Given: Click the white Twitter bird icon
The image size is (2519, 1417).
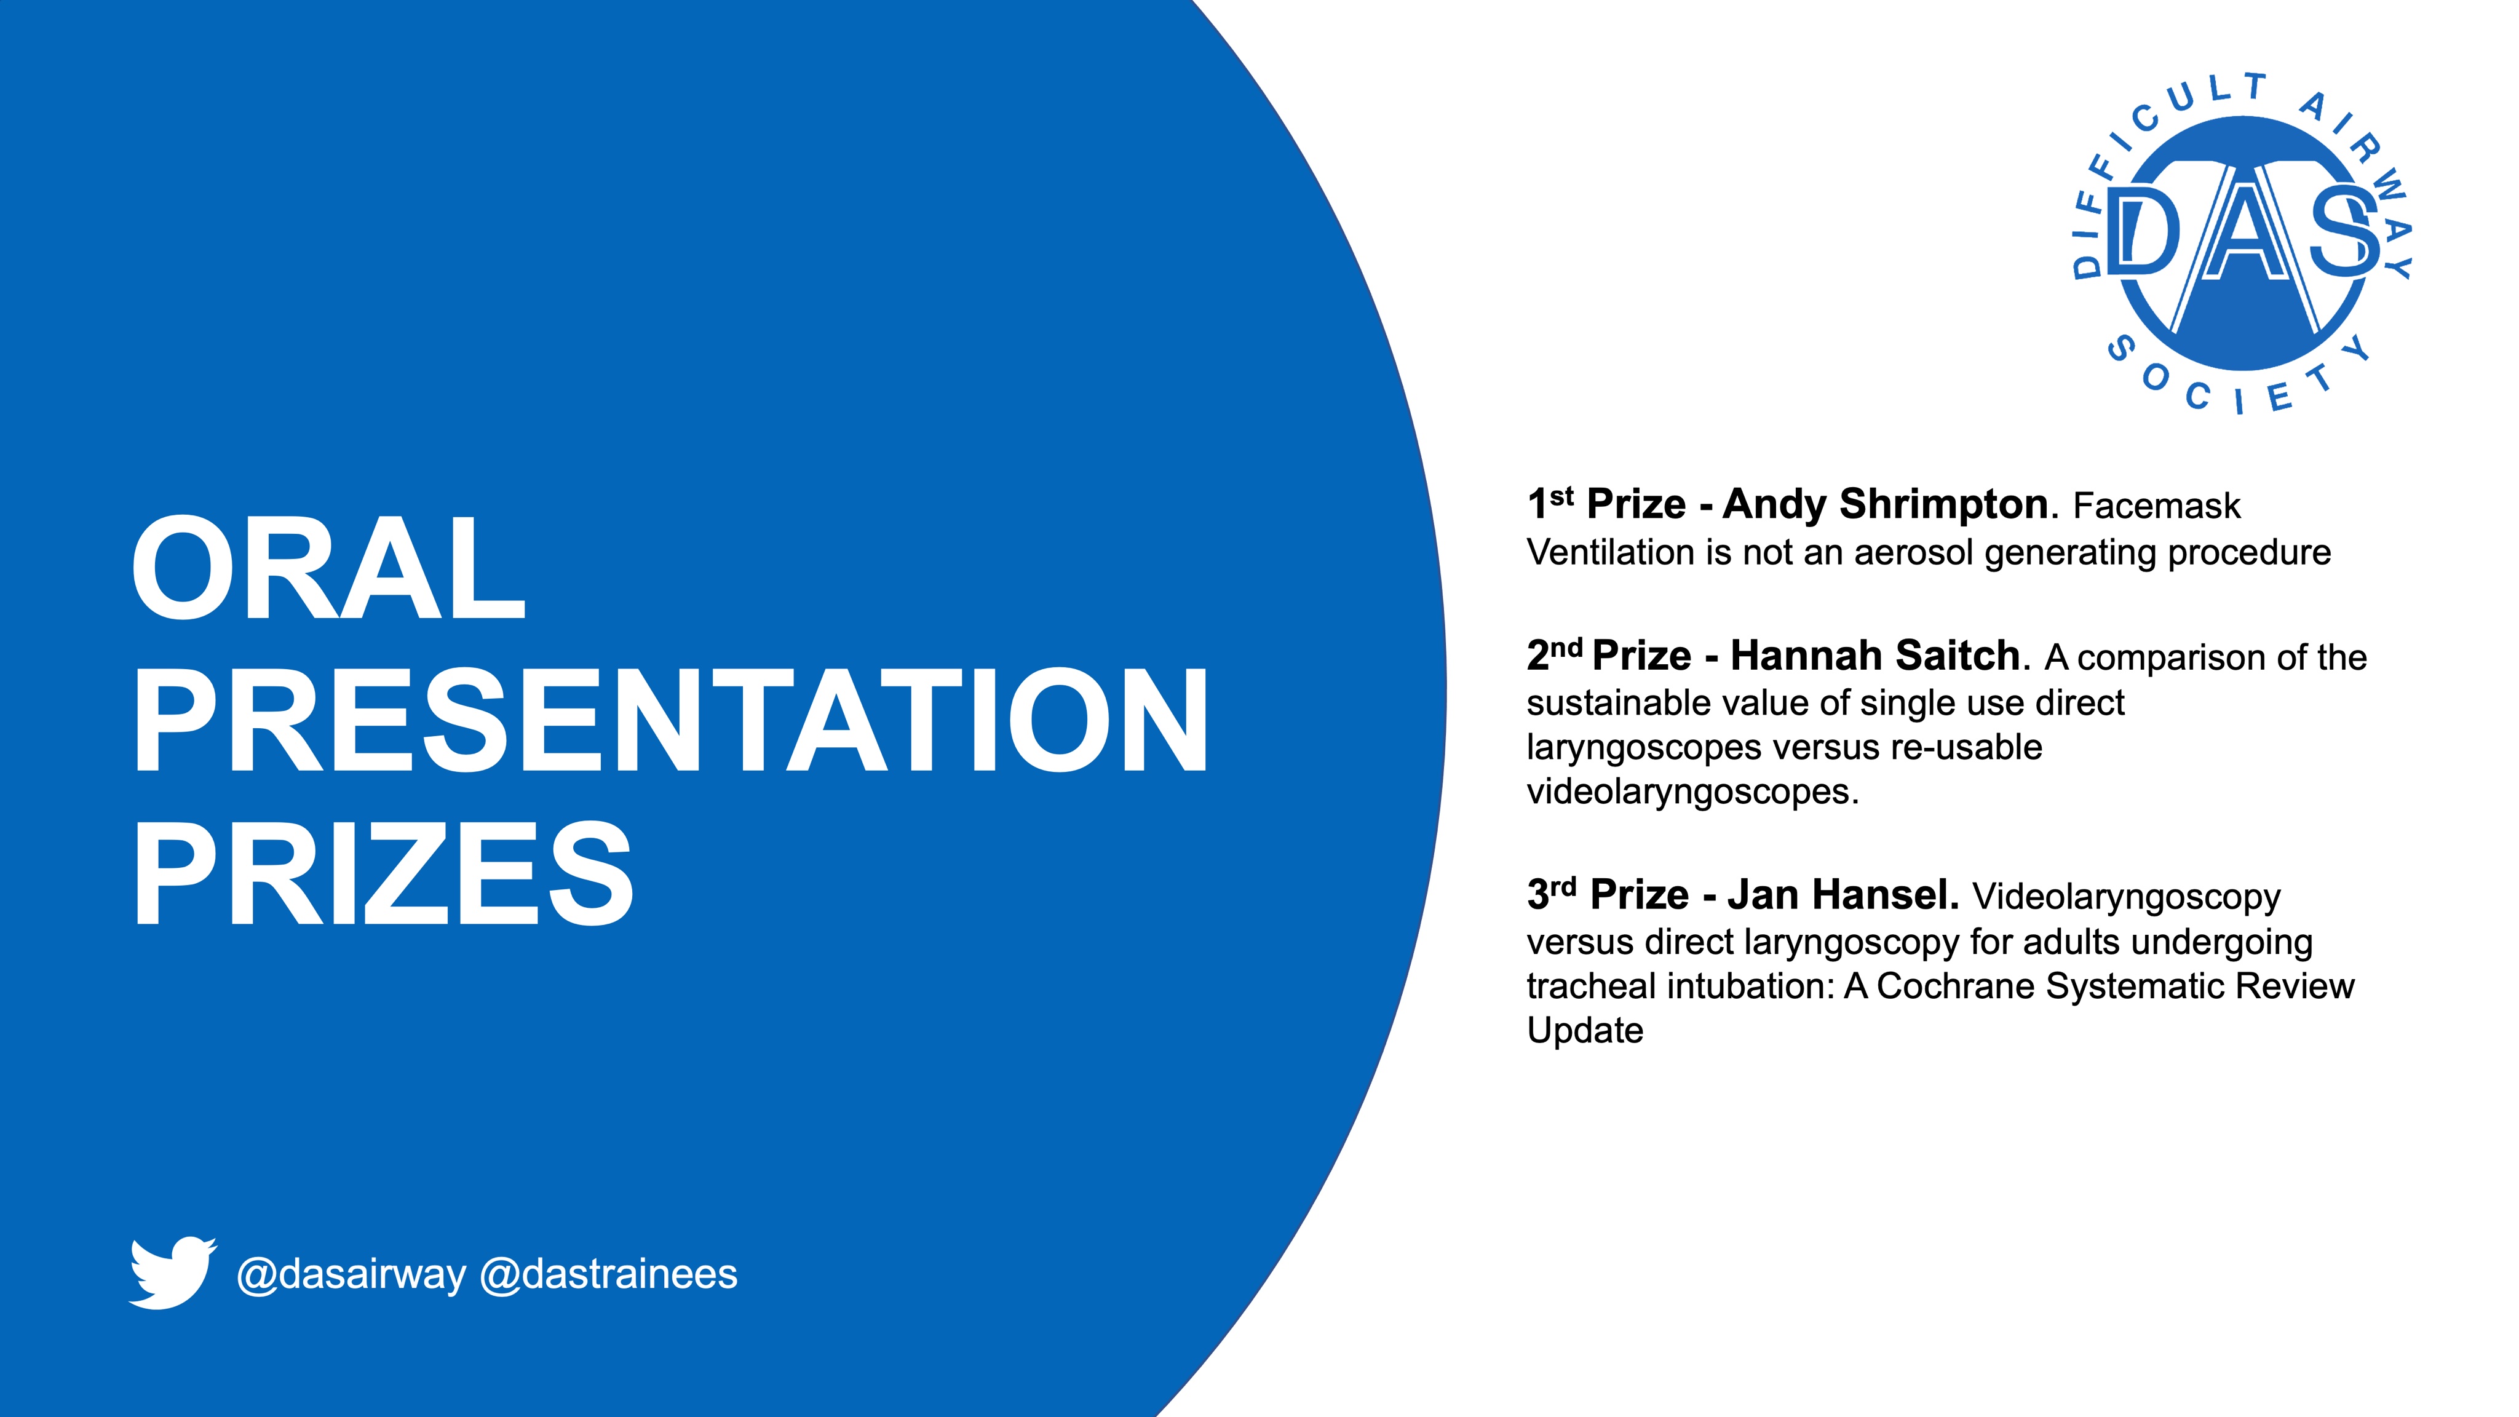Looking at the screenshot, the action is point(172,1272).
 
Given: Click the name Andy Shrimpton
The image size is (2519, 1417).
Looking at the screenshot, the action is point(1886,504).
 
